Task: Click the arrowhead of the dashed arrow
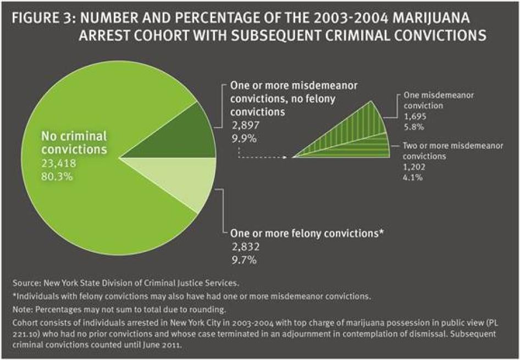point(285,157)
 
